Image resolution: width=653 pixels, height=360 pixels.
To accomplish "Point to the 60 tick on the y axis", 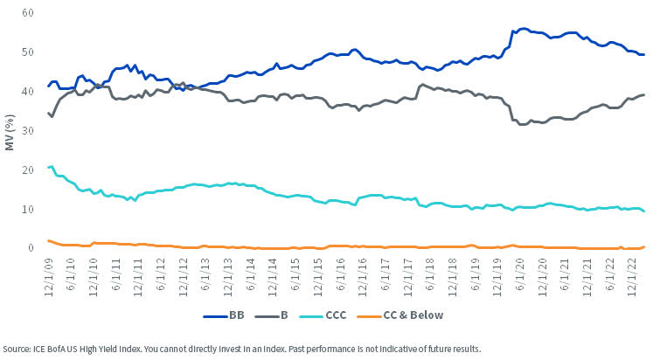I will (x=28, y=14).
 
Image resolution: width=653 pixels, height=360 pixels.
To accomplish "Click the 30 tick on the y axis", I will (x=28, y=131).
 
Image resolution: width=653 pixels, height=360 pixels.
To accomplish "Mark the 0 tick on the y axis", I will (x=31, y=248).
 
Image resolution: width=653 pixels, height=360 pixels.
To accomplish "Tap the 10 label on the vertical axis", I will (x=28, y=210).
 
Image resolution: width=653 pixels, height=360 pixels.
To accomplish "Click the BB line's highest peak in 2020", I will (x=523, y=29).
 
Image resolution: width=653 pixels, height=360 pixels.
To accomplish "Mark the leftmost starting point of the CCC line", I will (x=48, y=167).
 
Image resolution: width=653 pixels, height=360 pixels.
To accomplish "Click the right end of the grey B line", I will (x=644, y=94).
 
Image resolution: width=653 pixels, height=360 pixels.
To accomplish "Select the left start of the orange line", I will (x=48, y=240).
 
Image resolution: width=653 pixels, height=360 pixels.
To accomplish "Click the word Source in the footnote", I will (x=19, y=348).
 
